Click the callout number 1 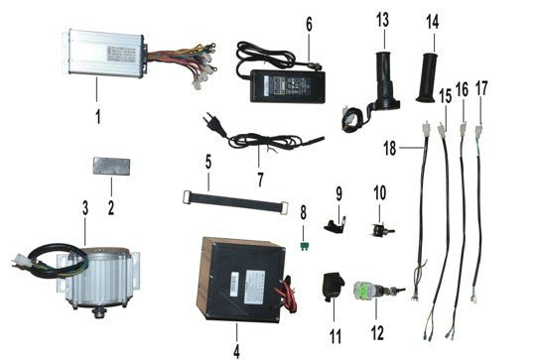point(98,117)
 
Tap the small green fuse point(304,246)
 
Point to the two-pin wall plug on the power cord point(209,120)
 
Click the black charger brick point(288,86)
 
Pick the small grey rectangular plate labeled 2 point(111,167)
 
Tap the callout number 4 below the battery point(236,351)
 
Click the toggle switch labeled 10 point(381,229)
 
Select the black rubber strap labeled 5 point(235,201)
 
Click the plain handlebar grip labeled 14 point(427,78)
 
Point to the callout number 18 point(390,149)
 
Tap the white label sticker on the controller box point(121,54)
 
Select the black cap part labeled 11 point(333,287)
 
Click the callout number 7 point(260,180)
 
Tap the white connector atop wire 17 point(478,130)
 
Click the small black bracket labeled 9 point(334,227)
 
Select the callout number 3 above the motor point(85,208)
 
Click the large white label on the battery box point(254,287)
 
